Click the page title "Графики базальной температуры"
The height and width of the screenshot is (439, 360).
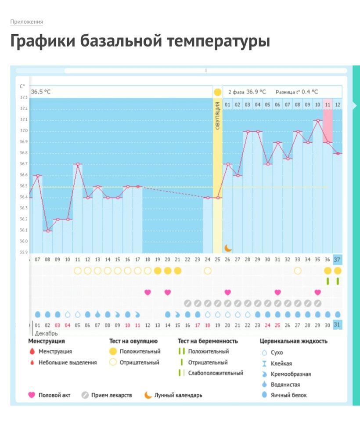140,41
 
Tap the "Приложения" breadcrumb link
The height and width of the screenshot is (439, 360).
26,22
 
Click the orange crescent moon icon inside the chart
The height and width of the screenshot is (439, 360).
228,248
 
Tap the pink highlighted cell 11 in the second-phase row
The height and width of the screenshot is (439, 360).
328,104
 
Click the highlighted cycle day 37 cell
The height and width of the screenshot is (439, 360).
337,259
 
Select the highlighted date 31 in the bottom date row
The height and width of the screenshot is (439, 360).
337,325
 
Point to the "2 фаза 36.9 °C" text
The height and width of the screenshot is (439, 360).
247,92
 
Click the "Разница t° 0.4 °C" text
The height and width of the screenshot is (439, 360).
297,92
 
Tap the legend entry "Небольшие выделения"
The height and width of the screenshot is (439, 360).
68,363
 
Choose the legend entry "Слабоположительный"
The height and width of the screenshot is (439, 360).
216,373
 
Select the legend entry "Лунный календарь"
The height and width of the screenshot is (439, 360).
178,395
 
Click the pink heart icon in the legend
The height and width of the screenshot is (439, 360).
31,395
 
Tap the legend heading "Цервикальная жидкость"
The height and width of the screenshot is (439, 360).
293,341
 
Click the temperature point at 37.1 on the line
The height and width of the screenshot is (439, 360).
317,120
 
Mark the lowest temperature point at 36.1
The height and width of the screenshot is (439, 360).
47,230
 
